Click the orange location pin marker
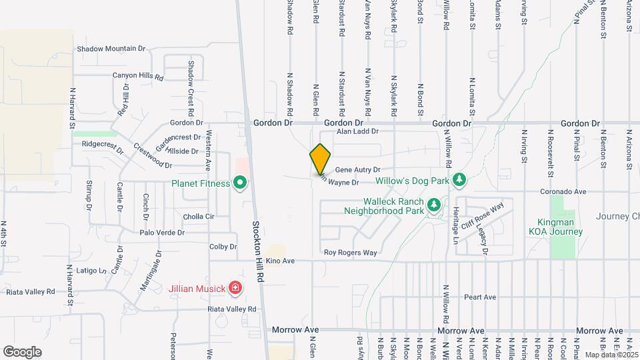coord(320,159)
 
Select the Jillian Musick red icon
coord(235,288)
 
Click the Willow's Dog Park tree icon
coord(459,180)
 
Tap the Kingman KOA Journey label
coord(556,227)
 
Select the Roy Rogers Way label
coord(351,253)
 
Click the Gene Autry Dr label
coord(357,170)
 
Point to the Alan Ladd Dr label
coord(357,132)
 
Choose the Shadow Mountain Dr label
coord(111,49)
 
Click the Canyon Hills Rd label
coord(138,76)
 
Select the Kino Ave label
coord(280,260)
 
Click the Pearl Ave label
coord(481,297)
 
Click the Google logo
coord(22,351)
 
